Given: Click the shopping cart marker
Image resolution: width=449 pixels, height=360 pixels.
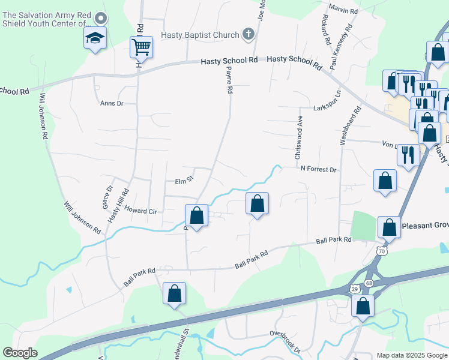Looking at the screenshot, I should (142, 46).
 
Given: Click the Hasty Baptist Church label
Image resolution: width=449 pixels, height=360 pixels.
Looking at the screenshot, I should (200, 35).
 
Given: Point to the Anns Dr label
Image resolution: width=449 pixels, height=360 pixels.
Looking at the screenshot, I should (111, 103).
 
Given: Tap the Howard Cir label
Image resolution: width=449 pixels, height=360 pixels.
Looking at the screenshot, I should (140, 211).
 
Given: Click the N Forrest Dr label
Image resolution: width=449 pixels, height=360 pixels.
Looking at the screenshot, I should (319, 170).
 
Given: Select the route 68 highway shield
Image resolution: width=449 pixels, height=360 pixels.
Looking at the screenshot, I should (369, 283).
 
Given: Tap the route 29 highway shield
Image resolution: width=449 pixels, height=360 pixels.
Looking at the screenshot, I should (354, 289).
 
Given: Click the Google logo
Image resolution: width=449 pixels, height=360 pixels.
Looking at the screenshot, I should (20, 353).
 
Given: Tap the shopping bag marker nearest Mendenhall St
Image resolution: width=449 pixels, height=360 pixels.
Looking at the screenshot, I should (174, 294).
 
